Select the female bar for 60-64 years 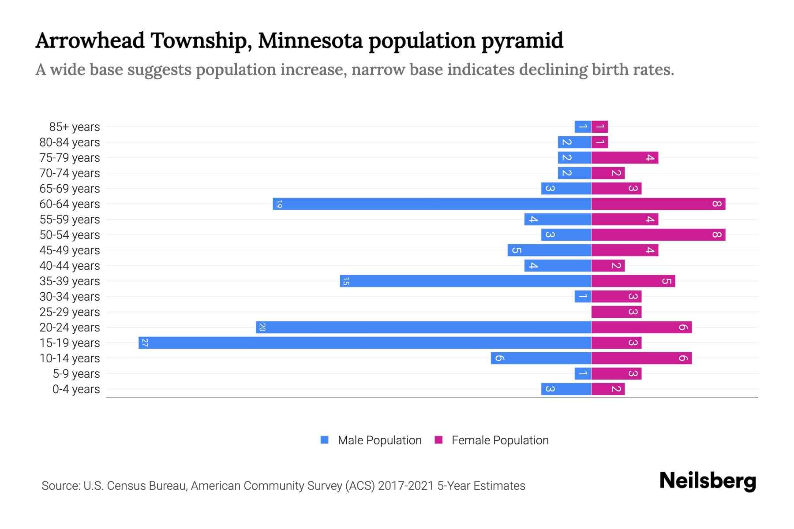658,204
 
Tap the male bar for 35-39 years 465,281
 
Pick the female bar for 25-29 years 616,312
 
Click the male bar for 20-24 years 423,328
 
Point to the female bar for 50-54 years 658,235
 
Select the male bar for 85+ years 583,127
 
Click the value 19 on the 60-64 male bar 278,204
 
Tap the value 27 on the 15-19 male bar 144,343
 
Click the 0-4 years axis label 76,389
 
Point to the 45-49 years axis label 70,250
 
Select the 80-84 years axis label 70,142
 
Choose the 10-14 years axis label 70,358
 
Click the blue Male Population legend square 325,440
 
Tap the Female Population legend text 500,440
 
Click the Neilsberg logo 708,481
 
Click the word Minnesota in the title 310,41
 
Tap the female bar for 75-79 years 625,158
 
